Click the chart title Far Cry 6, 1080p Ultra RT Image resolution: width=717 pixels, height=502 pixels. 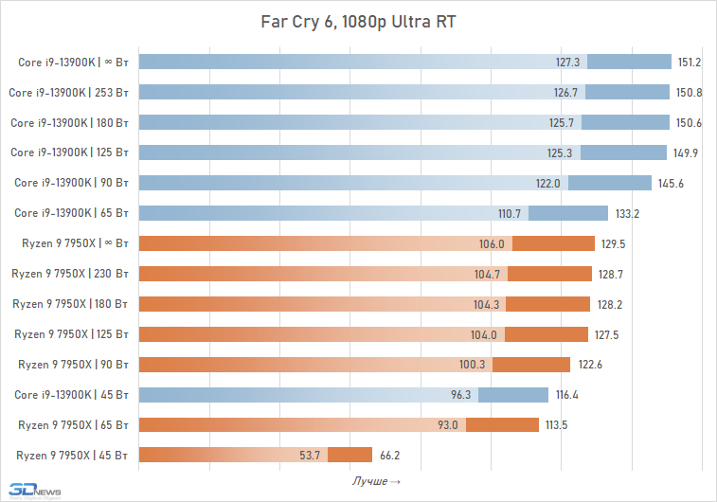[358, 22]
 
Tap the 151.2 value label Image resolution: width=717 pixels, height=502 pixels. [689, 63]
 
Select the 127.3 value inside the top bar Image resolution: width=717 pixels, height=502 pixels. [567, 63]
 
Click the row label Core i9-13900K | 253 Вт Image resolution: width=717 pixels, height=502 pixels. [69, 93]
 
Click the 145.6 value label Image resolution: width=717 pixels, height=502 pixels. [670, 183]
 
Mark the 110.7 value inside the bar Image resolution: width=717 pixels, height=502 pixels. [535, 213]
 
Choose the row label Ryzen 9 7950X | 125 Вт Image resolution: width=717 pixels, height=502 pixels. [72, 333]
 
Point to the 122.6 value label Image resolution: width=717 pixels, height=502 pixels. [588, 364]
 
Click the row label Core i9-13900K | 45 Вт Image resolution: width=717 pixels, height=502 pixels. [73, 394]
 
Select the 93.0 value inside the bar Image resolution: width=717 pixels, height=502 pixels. [448, 424]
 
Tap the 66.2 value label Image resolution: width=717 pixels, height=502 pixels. [390, 455]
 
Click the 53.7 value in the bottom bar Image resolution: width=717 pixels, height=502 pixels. [310, 455]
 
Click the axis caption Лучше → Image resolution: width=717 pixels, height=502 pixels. [376, 482]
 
